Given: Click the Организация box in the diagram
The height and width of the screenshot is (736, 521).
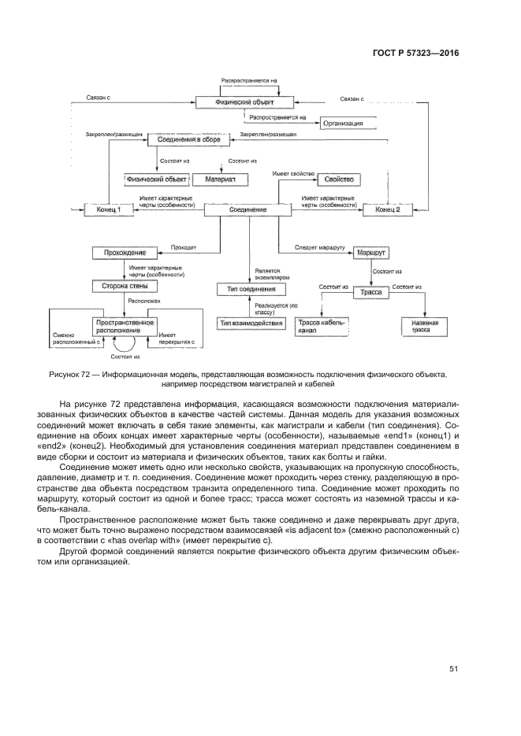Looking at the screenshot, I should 347,124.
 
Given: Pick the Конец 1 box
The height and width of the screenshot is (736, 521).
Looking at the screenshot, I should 110,210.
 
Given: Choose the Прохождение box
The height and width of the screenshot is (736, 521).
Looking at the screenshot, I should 121,253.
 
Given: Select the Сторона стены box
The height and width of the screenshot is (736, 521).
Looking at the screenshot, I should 121,286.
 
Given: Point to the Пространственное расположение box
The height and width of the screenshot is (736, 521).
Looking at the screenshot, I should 125,326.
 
